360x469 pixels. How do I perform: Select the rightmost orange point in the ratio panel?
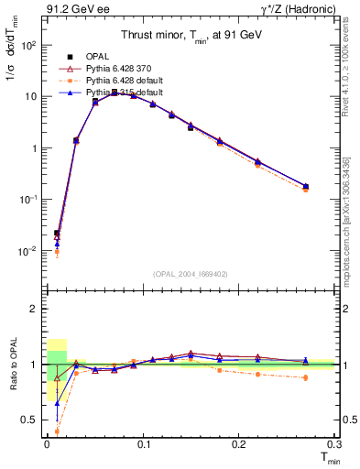[x=305, y=377]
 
